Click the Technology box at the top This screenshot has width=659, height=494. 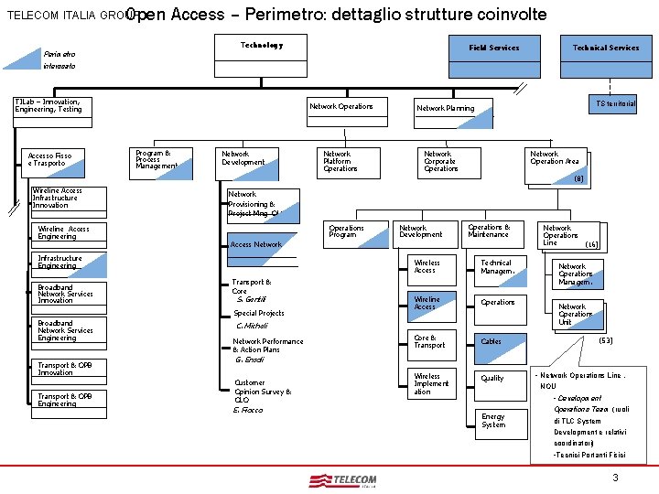tap(262, 47)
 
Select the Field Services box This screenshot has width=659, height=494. tap(493, 48)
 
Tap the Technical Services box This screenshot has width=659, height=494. tap(605, 48)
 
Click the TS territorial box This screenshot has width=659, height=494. tap(615, 104)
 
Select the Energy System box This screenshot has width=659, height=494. tap(503, 420)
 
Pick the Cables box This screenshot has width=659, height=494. tap(503, 341)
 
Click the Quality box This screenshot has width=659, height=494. tap(503, 378)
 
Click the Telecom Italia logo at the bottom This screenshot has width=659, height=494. tap(343, 481)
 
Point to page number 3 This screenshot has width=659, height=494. tap(616, 478)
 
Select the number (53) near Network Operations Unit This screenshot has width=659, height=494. tap(605, 340)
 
